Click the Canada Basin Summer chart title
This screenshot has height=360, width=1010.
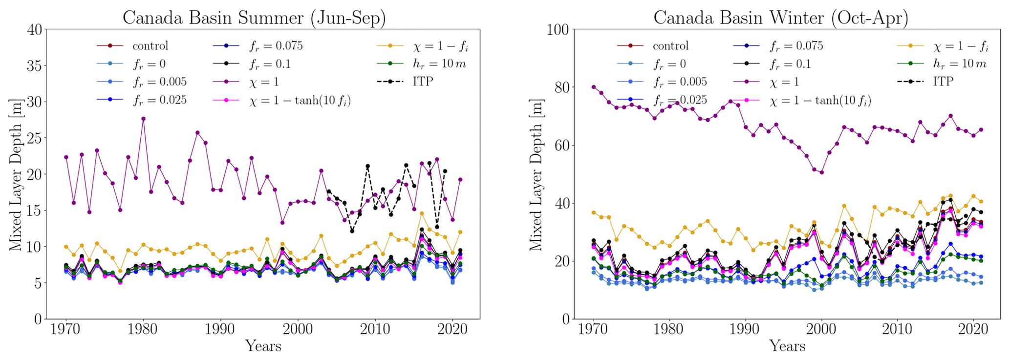pyautogui.click(x=254, y=18)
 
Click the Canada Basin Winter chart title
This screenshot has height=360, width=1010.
pyautogui.click(x=781, y=18)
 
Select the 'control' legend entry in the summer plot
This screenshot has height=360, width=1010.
pyautogui.click(x=150, y=46)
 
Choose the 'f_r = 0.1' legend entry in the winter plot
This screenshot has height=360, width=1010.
pyautogui.click(x=790, y=64)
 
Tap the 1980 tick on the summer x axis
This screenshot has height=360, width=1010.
pyautogui.click(x=143, y=328)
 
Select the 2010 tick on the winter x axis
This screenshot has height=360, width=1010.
pyautogui.click(x=897, y=328)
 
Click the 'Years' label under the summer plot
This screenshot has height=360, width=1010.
pyautogui.click(x=263, y=346)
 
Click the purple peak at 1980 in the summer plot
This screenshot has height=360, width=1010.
pyautogui.click(x=143, y=119)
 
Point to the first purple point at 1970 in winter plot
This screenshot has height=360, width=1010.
pyautogui.click(x=594, y=87)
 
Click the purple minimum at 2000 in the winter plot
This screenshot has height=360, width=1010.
pyautogui.click(x=822, y=172)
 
